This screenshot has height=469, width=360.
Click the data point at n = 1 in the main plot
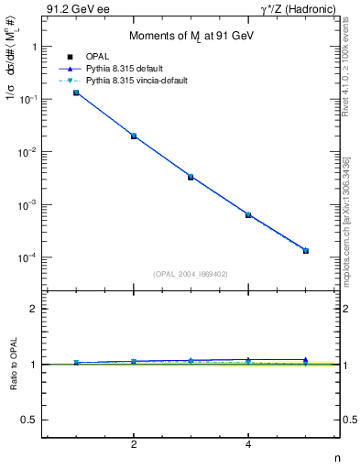pyautogui.click(x=76, y=93)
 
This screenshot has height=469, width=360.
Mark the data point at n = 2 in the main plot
pyautogui.click(x=134, y=136)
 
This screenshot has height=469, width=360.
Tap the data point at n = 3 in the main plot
pyautogui.click(x=191, y=177)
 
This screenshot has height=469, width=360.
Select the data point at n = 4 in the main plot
pyautogui.click(x=248, y=215)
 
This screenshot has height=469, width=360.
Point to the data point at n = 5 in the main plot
pyautogui.click(x=305, y=250)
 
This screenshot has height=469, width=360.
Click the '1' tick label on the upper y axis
pyautogui.click(x=33, y=46)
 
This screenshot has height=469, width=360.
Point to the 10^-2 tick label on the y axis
pyautogui.click(x=29, y=152)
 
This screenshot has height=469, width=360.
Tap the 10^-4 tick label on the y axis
pyautogui.click(x=29, y=257)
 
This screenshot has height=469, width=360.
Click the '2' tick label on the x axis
pyautogui.click(x=134, y=445)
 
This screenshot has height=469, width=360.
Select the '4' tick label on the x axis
pyautogui.click(x=248, y=445)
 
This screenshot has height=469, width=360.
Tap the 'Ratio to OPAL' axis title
pyautogui.click(x=13, y=364)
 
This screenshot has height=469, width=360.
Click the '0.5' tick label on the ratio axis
pyautogui.click(x=28, y=420)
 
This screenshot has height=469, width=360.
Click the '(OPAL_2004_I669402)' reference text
pyautogui.click(x=191, y=273)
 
